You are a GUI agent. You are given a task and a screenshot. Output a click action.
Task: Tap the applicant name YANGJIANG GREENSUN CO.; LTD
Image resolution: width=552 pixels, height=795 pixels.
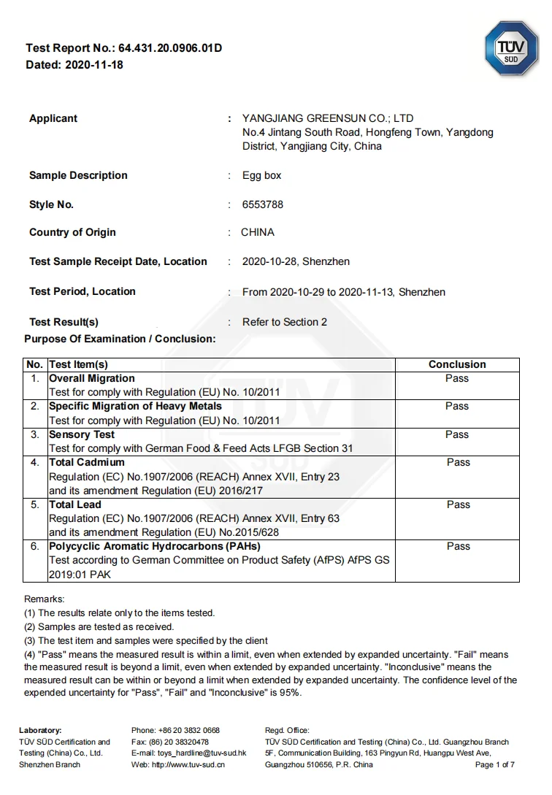pos(328,118)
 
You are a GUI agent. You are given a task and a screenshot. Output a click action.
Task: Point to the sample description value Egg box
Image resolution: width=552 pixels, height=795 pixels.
pos(261,176)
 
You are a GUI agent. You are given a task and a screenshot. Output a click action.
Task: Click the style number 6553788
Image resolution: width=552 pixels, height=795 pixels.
pos(263,205)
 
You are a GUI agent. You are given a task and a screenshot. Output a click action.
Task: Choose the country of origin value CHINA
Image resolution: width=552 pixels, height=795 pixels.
pos(258,233)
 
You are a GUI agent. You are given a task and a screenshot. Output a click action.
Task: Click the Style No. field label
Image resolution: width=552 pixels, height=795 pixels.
pos(51,205)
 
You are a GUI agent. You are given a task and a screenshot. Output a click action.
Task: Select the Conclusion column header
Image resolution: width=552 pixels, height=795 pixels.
pos(457,364)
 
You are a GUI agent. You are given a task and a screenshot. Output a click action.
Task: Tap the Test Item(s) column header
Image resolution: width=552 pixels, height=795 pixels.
pos(78,364)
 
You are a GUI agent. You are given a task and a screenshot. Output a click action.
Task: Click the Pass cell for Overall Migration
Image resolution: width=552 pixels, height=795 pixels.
pos(457,378)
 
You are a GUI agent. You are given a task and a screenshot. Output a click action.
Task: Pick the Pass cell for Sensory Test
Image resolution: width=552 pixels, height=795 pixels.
pos(457,434)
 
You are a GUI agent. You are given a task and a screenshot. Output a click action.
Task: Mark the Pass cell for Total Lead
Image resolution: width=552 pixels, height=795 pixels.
pos(459,504)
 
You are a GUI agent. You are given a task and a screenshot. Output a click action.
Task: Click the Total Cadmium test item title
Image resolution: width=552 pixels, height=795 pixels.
pos(87,462)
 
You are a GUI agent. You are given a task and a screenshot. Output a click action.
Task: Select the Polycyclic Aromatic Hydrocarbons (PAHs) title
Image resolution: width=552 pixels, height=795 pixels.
pos(155,546)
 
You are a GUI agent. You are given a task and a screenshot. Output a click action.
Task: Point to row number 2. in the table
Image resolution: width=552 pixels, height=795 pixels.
pos(35,406)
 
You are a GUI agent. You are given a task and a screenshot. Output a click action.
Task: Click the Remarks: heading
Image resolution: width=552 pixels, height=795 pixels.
pos(45,599)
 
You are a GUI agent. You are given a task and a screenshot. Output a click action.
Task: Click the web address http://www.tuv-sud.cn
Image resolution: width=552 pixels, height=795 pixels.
pos(188,764)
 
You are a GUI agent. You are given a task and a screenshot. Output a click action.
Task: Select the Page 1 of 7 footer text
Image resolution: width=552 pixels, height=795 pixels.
pos(495,764)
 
